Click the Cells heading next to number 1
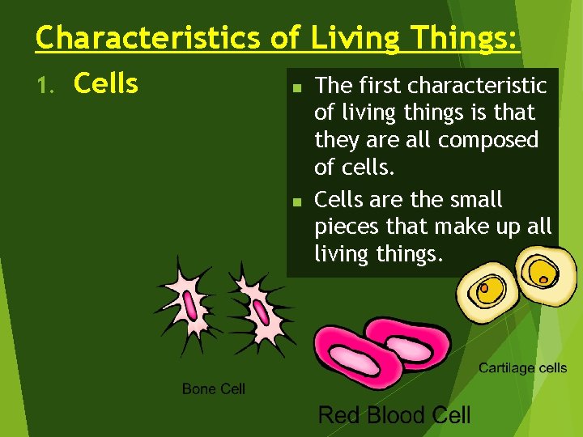coord(106,83)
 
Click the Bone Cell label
coord(213,389)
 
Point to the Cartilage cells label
coord(522,368)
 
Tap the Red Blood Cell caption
coord(394,416)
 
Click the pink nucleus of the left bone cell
coord(190,306)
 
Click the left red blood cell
coord(348,356)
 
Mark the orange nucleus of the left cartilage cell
coord(484,287)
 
